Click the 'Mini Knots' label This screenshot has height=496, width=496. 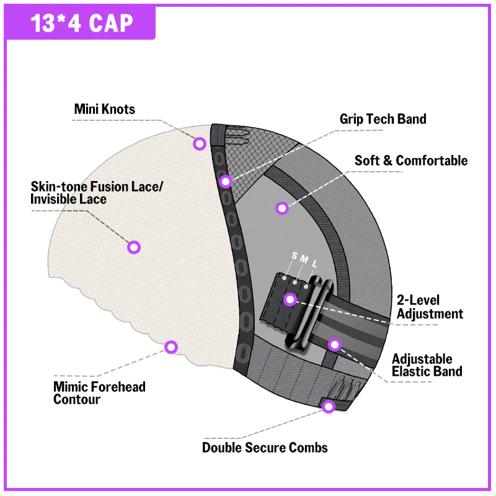tap(104, 110)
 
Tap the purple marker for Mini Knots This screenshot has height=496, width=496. tap(199, 144)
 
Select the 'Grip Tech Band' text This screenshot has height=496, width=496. tap(383, 118)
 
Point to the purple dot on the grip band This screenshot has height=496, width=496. tap(226, 181)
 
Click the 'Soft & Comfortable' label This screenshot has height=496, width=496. tap(410, 161)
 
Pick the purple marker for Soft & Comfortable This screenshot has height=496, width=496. tap(282, 208)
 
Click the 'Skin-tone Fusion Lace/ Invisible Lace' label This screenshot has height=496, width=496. tap(96, 193)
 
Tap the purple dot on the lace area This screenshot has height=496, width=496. tap(134, 247)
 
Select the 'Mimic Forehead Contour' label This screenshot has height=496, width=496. tap(99, 393)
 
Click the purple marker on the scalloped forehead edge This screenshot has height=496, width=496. tap(171, 347)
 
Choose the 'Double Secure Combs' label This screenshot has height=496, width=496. tap(265, 447)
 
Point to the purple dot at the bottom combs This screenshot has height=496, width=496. tap(329, 407)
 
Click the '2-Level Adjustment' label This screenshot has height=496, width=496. tap(430, 307)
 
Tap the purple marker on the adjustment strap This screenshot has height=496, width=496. tap(290, 300)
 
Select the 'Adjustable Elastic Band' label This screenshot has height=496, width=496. tap(427, 365)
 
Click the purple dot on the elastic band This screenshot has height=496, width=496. tap(335, 344)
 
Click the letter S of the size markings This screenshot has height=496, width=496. tap(294, 257)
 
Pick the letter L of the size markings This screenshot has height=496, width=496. tap(314, 264)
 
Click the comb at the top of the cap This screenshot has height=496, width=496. tap(229, 133)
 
